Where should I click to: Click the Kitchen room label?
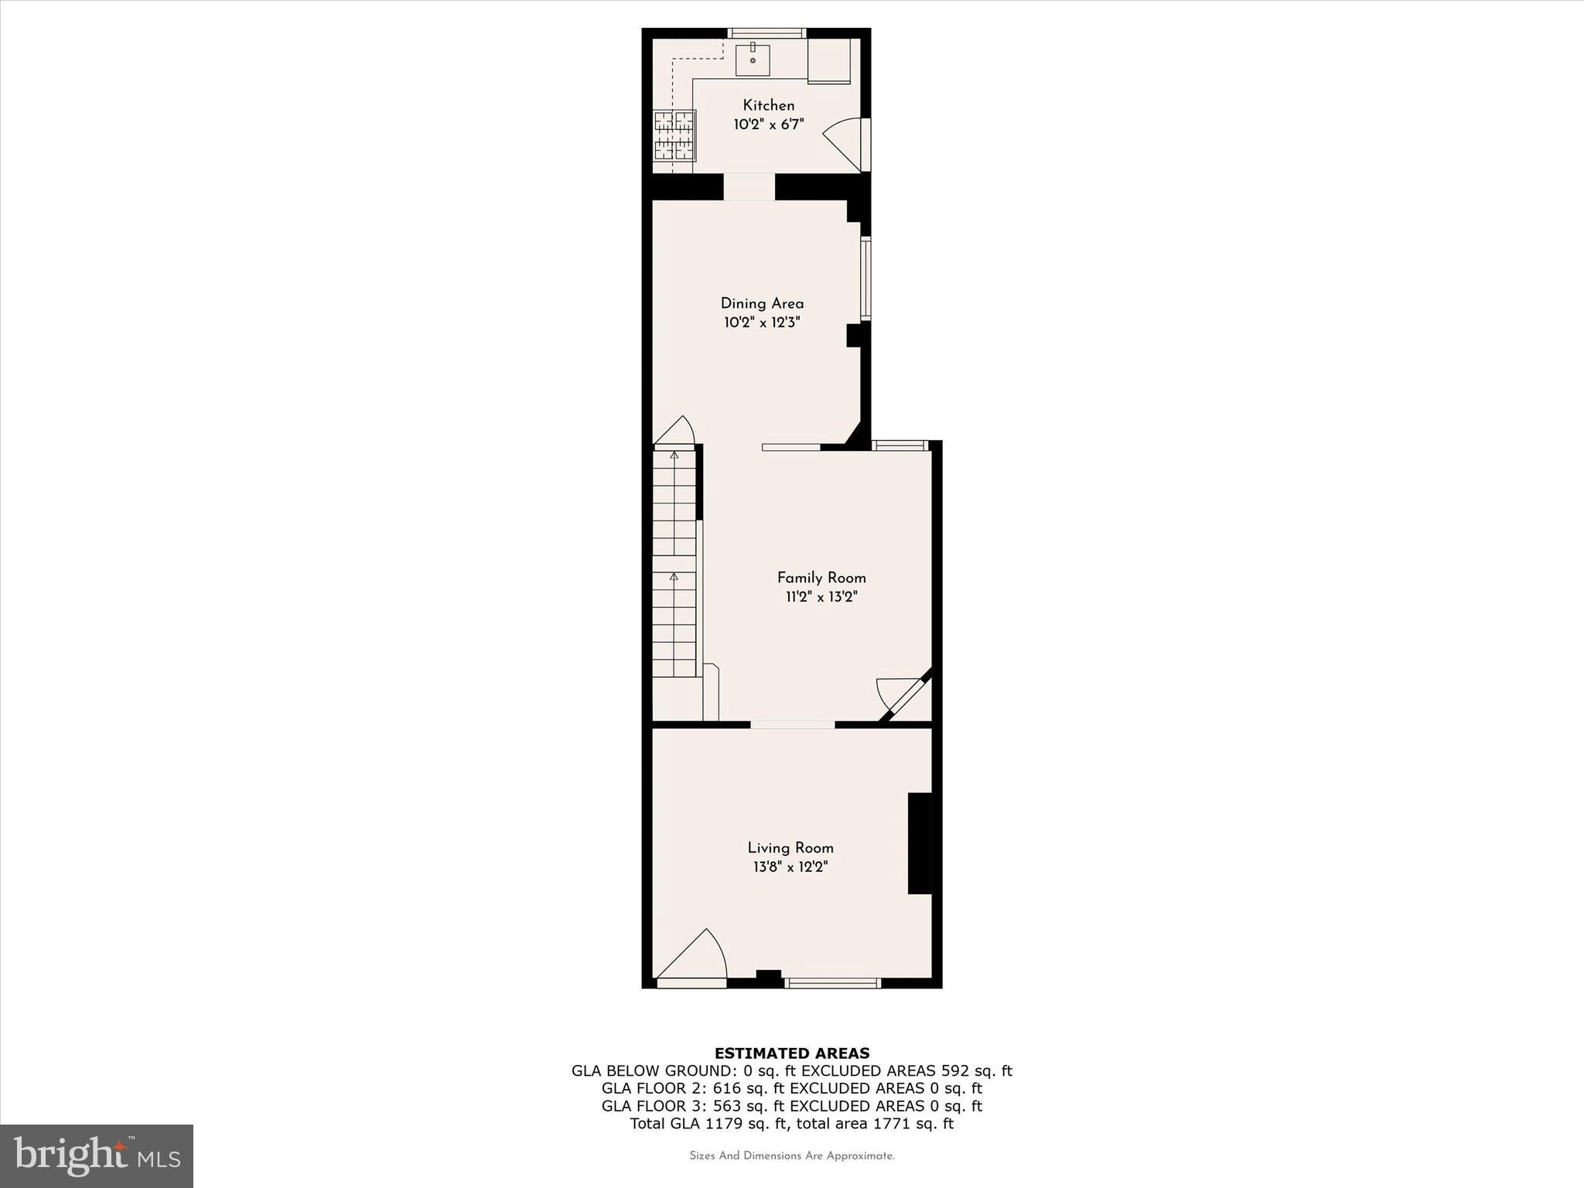coord(768,105)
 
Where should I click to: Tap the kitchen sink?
coord(752,60)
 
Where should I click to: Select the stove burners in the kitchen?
coord(674,135)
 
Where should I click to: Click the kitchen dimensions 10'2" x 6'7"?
coord(768,125)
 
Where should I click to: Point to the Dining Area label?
coord(762,303)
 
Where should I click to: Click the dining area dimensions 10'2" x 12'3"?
coord(762,323)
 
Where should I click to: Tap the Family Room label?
coord(821,578)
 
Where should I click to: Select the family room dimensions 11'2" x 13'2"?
coord(821,597)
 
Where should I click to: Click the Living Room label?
coord(790,848)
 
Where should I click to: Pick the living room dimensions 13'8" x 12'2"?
coord(790,867)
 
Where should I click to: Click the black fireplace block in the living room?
coord(919,843)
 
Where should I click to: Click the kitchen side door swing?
coord(845,142)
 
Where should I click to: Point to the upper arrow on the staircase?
coord(674,456)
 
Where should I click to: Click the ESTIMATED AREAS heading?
coord(792,1053)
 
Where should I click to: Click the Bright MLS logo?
coord(97,1156)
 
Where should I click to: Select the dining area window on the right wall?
coord(866,278)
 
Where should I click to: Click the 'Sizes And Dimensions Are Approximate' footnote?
coord(792,1156)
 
